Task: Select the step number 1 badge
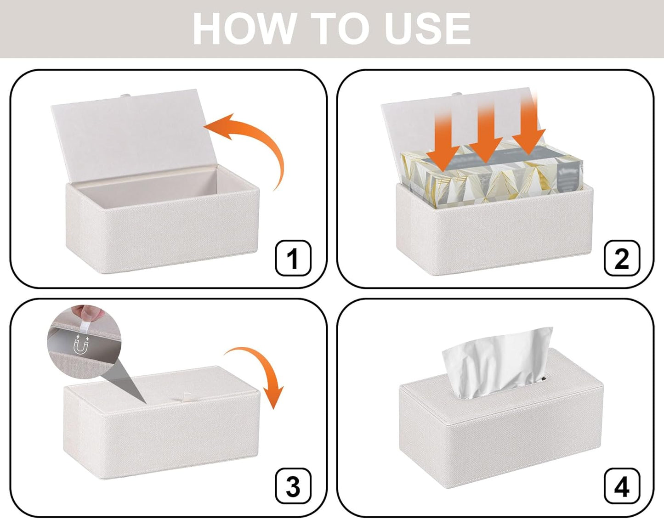tap(293, 258)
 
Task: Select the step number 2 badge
tap(621, 258)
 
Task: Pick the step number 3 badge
tap(293, 486)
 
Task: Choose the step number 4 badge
tap(621, 486)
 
